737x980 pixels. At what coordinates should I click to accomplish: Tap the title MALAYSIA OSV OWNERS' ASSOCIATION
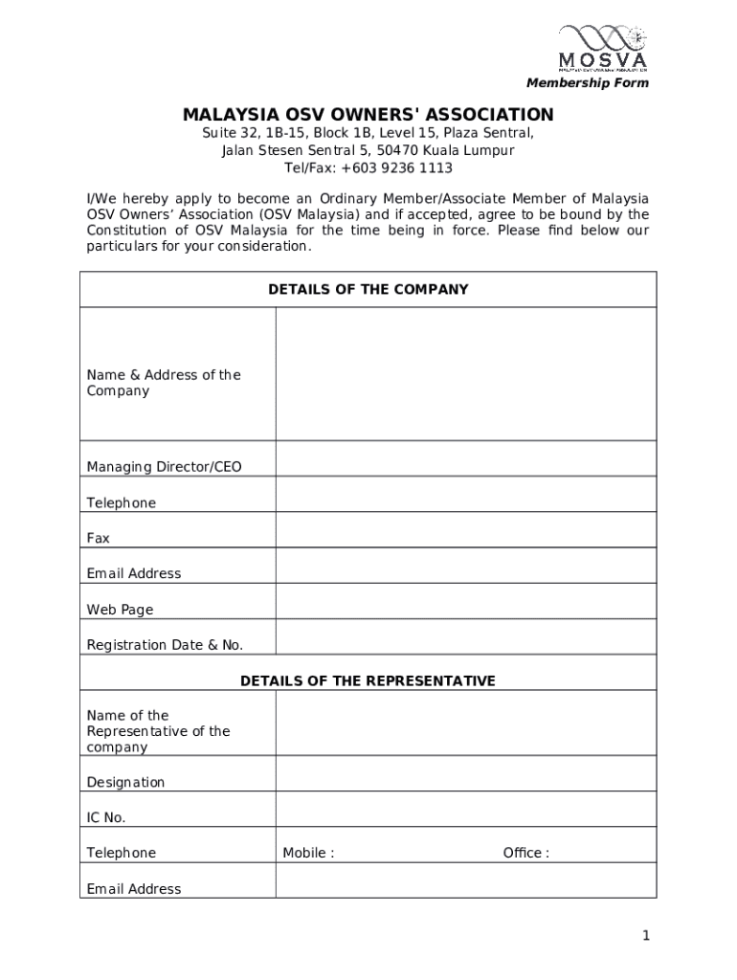click(x=368, y=116)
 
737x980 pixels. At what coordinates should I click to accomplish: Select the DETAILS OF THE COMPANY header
click(x=368, y=289)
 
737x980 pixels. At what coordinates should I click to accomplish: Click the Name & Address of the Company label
click(x=164, y=383)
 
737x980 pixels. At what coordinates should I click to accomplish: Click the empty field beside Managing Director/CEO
click(x=465, y=458)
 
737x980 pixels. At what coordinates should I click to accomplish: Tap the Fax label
click(x=99, y=539)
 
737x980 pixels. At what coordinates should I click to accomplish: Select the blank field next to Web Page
click(x=465, y=601)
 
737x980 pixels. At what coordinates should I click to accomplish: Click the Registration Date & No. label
click(x=165, y=645)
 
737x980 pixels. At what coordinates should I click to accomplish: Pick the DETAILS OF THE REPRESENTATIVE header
click(x=368, y=681)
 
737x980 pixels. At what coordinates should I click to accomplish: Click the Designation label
click(x=125, y=783)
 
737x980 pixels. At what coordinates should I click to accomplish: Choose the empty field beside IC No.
click(x=465, y=809)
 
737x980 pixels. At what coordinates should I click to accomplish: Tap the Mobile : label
click(x=308, y=854)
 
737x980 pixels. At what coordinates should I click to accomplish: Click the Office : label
click(x=526, y=854)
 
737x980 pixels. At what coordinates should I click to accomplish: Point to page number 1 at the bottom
click(x=647, y=936)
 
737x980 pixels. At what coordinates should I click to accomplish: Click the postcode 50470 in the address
click(x=396, y=151)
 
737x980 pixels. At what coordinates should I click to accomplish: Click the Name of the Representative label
click(x=158, y=731)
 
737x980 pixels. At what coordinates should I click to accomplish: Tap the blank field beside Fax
click(x=465, y=530)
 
